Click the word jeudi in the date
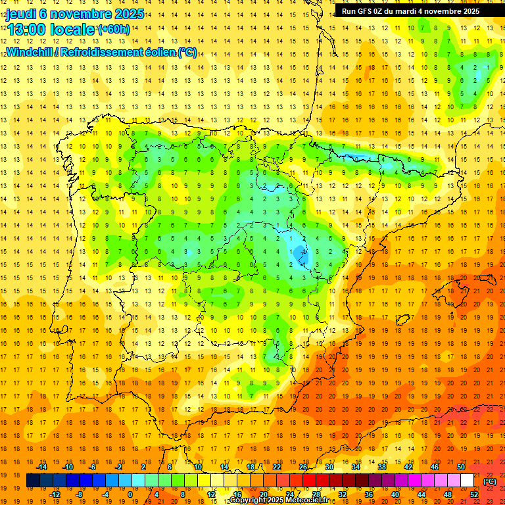coord(21,14)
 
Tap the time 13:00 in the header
coord(28,30)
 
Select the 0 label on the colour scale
coord(130,494)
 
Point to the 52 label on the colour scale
coord(473,494)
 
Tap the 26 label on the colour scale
coord(303,467)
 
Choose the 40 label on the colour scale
coord(395,494)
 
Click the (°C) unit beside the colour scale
coord(490,481)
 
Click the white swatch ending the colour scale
coord(468,481)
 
